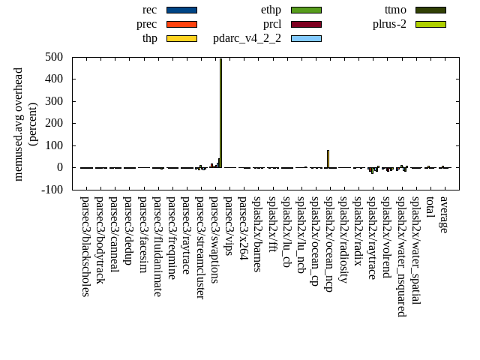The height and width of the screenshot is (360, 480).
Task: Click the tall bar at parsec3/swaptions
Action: (x=220, y=112)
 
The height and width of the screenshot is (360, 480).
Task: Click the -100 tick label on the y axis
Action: (x=51, y=190)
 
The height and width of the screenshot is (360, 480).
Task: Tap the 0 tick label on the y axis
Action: (x=59, y=168)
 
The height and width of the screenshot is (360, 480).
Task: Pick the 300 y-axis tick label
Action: (x=53, y=101)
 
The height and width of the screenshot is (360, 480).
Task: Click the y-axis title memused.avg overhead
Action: (x=19, y=124)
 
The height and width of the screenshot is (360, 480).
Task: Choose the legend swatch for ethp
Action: (x=305, y=10)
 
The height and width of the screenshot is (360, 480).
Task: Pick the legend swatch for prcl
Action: (x=305, y=24)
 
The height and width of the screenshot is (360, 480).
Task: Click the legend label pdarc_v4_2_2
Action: (x=247, y=38)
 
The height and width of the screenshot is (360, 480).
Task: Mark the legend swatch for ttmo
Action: (x=430, y=10)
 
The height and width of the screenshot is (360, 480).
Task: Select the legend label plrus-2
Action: (x=389, y=24)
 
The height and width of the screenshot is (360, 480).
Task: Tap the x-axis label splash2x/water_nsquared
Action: (x=401, y=256)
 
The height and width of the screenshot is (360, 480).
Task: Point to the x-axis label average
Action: (x=444, y=214)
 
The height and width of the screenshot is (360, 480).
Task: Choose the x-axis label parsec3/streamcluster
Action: (x=200, y=247)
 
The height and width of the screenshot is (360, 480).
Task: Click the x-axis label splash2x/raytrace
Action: (x=372, y=237)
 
